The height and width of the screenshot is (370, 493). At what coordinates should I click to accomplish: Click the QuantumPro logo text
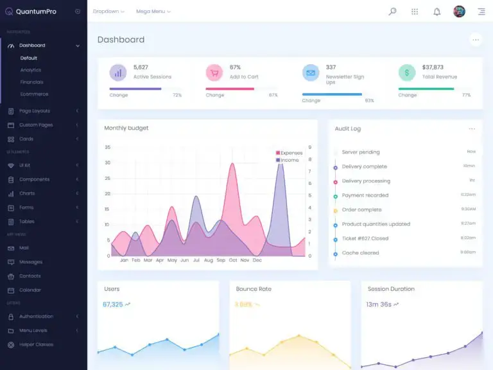coord(35,11)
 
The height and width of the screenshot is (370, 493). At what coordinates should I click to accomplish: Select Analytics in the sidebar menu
coord(30,70)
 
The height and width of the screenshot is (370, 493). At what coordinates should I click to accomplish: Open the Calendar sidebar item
coord(30,290)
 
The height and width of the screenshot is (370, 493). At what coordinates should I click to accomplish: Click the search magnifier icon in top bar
coord(392,12)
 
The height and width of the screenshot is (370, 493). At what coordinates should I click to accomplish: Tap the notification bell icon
coord(437,12)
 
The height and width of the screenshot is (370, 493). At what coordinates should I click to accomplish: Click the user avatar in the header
coord(459,12)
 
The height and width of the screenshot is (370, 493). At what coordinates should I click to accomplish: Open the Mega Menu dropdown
coord(153,12)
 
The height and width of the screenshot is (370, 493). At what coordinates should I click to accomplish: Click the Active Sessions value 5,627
coord(141,67)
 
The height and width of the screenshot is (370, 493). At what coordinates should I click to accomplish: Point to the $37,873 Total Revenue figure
coord(433,67)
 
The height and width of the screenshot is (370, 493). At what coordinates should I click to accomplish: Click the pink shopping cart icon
coord(214,73)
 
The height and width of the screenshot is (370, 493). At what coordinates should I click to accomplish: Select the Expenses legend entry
coord(291,153)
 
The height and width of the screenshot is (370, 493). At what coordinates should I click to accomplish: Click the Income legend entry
coord(289,160)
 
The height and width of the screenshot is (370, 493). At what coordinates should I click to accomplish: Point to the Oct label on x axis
coord(233,260)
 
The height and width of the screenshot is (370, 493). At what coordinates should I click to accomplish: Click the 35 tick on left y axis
coord(107,147)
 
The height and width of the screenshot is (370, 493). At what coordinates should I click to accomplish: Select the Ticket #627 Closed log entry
coord(365,238)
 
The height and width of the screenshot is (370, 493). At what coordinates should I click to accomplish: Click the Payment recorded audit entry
coord(365,195)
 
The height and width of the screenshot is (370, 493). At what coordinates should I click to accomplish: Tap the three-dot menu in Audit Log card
coord(472,128)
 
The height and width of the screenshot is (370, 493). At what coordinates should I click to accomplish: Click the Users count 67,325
coord(112,304)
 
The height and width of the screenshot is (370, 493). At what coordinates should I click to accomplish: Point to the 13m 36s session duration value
coord(379,304)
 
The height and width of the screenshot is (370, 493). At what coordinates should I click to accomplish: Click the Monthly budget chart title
coord(126,128)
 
